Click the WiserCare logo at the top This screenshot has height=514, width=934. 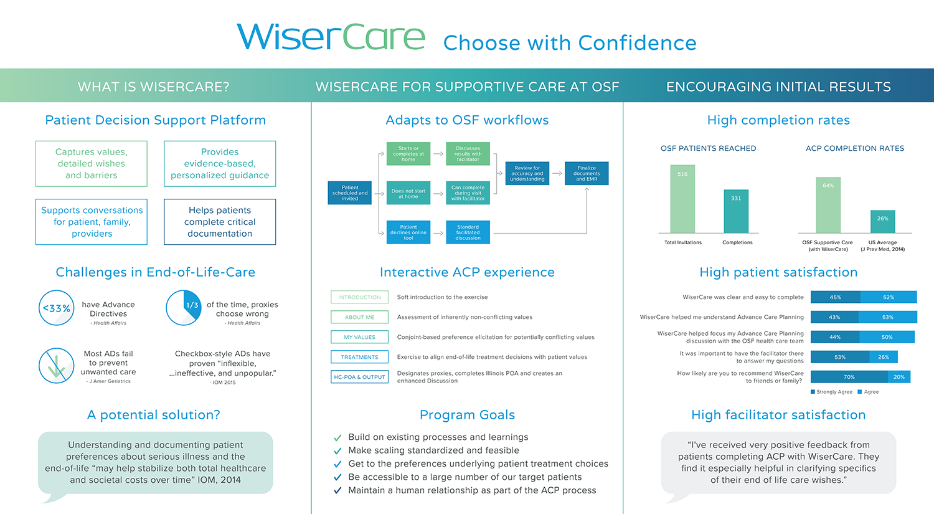point(331,37)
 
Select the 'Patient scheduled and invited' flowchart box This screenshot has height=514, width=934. point(349,193)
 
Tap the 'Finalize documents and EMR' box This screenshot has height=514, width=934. point(587,173)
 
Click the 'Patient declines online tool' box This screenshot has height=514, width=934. point(408,232)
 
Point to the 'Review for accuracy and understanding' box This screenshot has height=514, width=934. point(527,173)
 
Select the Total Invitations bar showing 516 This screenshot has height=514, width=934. point(682,199)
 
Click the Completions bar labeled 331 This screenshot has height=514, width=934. point(736,212)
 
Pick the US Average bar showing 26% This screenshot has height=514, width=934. point(883,222)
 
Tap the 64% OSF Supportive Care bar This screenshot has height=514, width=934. point(828,205)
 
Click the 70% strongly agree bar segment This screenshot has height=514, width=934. point(849,377)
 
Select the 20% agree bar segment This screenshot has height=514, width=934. point(899,377)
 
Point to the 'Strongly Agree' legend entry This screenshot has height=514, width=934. point(831,392)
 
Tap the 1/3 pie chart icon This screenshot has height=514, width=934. point(184,308)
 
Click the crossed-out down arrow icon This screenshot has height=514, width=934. point(56,366)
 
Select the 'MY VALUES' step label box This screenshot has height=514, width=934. point(359,336)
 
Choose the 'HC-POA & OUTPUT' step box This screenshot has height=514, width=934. point(359,377)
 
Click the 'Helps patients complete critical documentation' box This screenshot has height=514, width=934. point(220,222)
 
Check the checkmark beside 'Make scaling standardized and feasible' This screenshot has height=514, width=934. point(337,451)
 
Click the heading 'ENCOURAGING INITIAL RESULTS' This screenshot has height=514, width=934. point(778,87)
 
